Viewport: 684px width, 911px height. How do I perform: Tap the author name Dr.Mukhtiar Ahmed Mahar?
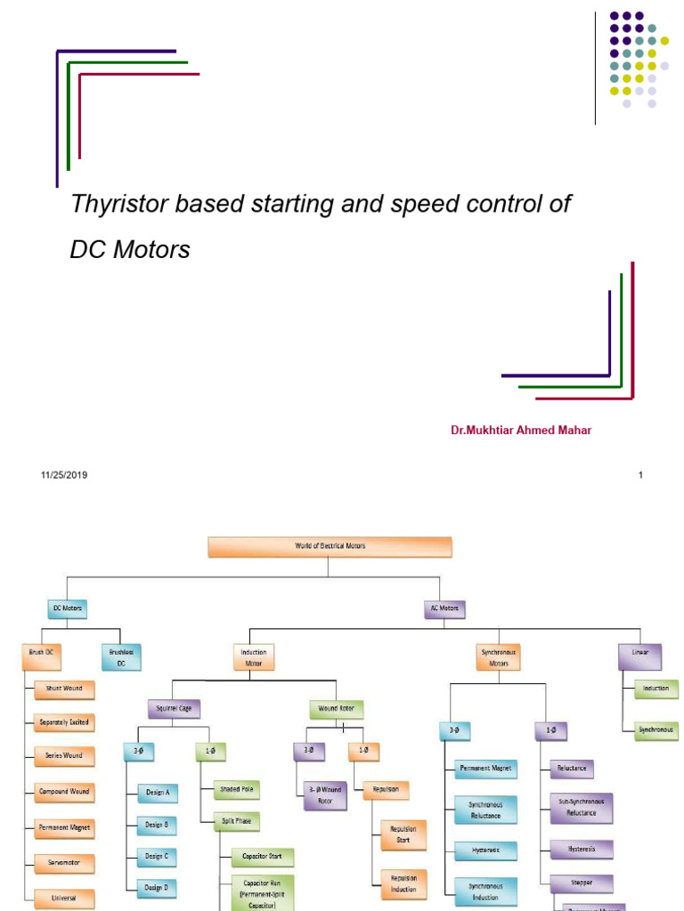(520, 431)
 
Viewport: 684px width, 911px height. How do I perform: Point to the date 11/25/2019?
(64, 475)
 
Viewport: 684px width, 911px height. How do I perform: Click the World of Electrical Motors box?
(330, 546)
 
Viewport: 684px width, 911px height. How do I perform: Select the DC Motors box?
(69, 609)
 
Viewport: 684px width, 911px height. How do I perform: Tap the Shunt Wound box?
(64, 688)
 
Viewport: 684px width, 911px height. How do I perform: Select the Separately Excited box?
(64, 722)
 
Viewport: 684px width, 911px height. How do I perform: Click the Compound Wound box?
(64, 791)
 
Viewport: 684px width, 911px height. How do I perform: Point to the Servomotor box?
(64, 862)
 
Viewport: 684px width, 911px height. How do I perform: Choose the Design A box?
(157, 791)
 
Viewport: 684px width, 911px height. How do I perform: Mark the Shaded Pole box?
(236, 789)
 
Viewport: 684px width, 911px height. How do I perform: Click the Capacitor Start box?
(262, 857)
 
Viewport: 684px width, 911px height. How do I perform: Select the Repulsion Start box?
(403, 834)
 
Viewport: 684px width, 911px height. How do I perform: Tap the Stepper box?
(582, 883)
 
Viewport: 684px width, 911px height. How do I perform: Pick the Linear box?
(640, 657)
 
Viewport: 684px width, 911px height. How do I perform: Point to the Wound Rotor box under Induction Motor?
(336, 709)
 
